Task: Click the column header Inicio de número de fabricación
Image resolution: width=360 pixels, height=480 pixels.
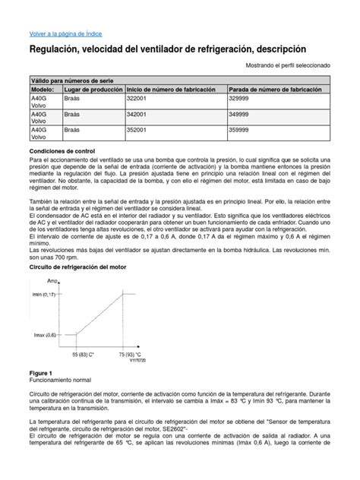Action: (x=174, y=90)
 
